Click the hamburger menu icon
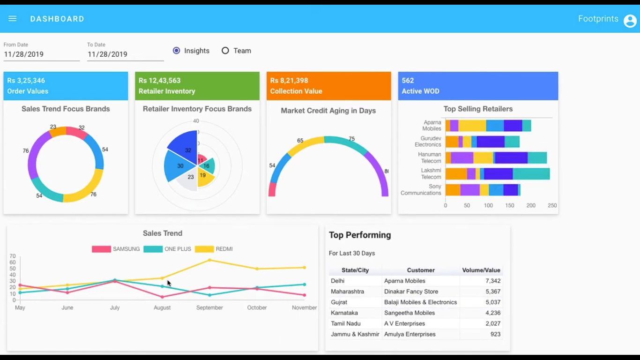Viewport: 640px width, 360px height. point(13,19)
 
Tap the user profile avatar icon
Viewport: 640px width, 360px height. point(630,21)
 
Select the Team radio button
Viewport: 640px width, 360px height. point(225,51)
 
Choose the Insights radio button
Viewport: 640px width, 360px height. point(177,51)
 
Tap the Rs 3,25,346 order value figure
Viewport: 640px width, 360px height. point(26,81)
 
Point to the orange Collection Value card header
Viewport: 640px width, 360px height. point(328,86)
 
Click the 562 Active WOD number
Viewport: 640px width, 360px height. point(408,81)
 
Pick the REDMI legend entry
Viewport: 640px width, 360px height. point(214,249)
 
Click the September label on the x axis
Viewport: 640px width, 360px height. point(209,307)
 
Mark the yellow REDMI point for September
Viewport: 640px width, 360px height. point(209,260)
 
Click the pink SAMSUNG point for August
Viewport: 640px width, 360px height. point(162,297)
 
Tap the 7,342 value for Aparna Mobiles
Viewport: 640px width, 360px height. point(493,281)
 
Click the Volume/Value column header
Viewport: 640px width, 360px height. point(481,270)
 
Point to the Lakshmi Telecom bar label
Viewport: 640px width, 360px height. point(431,173)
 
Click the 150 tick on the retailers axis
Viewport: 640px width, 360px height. point(510,205)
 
